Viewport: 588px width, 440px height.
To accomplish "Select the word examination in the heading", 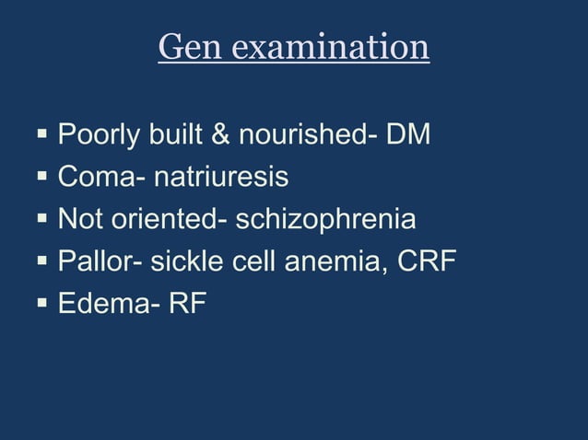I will [330, 46].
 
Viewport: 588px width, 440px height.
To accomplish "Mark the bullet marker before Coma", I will [42, 177].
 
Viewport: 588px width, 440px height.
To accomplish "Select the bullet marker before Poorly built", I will [42, 136].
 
